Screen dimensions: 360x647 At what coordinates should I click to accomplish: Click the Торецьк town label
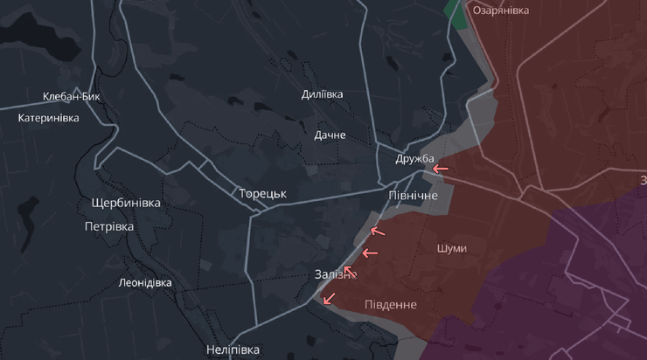pyautogui.click(x=262, y=193)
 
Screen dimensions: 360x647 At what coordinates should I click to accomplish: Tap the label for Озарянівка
pyautogui.click(x=501, y=10)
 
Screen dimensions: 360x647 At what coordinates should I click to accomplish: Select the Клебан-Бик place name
pyautogui.click(x=72, y=97)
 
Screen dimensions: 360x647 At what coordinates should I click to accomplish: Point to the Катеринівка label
pyautogui.click(x=49, y=118)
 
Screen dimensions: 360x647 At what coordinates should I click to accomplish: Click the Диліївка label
pyautogui.click(x=322, y=94)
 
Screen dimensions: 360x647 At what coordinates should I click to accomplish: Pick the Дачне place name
pyautogui.click(x=330, y=135)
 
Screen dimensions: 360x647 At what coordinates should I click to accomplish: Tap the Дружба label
pyautogui.click(x=414, y=158)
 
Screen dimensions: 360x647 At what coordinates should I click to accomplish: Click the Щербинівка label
pyautogui.click(x=126, y=203)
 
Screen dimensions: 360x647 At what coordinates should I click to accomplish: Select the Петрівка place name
pyautogui.click(x=109, y=226)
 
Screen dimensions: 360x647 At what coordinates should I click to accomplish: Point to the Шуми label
pyautogui.click(x=451, y=248)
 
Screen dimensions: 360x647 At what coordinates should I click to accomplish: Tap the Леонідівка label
pyautogui.click(x=145, y=283)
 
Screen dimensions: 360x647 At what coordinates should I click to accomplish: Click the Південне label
pyautogui.click(x=391, y=305)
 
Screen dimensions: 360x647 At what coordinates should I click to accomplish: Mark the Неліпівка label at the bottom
pyautogui.click(x=233, y=350)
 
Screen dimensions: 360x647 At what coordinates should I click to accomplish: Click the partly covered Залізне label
pyautogui.click(x=332, y=274)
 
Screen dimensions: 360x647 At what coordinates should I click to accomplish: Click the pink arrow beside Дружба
pyautogui.click(x=441, y=168)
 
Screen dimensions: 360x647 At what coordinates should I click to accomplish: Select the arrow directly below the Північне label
pyautogui.click(x=378, y=232)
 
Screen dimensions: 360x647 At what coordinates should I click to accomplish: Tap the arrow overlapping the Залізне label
pyautogui.click(x=350, y=272)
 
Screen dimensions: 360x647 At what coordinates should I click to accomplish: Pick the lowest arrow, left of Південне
pyautogui.click(x=329, y=299)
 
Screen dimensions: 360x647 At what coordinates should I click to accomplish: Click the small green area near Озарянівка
pyautogui.click(x=456, y=11)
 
